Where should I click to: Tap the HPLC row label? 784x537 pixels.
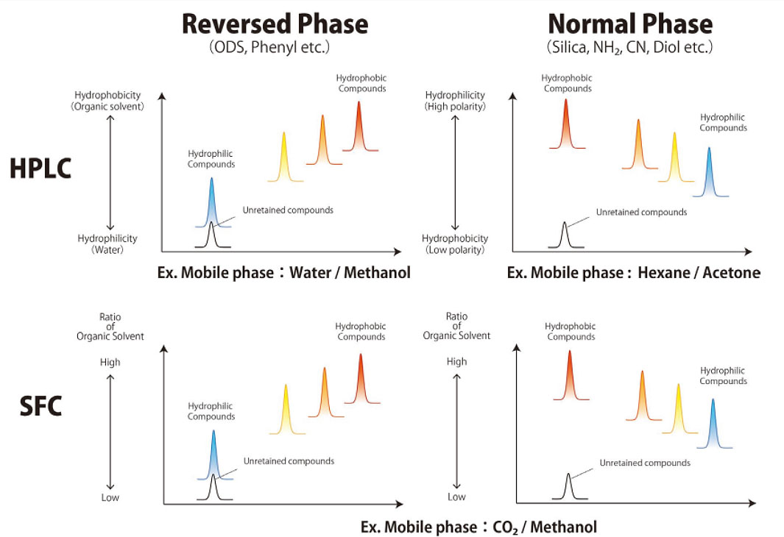[x=40, y=168]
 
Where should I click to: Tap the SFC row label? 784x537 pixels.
[x=40, y=406]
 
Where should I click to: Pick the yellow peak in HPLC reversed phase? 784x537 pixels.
[x=284, y=158]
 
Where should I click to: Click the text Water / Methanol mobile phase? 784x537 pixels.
[x=283, y=273]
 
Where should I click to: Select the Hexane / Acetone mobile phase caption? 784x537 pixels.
[x=634, y=273]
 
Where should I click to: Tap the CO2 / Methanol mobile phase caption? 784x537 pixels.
[x=478, y=527]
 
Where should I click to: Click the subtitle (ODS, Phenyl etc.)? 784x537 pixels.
[x=275, y=48]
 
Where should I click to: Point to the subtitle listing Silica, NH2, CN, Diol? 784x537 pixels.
[x=632, y=48]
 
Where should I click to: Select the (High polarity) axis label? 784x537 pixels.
[x=455, y=106]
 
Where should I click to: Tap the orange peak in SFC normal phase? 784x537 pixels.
[x=642, y=397]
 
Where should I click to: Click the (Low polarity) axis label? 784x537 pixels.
[x=455, y=249]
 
